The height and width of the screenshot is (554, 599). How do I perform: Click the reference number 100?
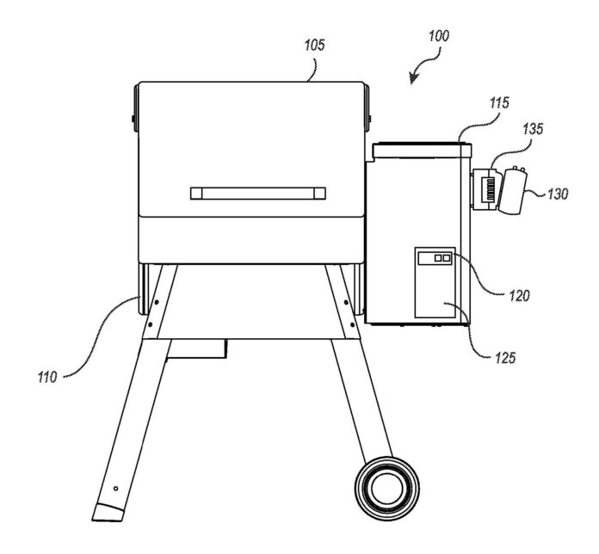pyautogui.click(x=436, y=37)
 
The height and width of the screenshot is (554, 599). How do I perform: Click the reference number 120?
pyautogui.click(x=518, y=294)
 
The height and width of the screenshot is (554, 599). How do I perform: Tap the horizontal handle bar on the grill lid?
pyautogui.click(x=258, y=192)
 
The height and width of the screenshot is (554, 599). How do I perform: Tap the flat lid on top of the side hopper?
pyautogui.click(x=422, y=149)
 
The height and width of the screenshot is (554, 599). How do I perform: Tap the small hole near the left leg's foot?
pyautogui.click(x=113, y=487)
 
